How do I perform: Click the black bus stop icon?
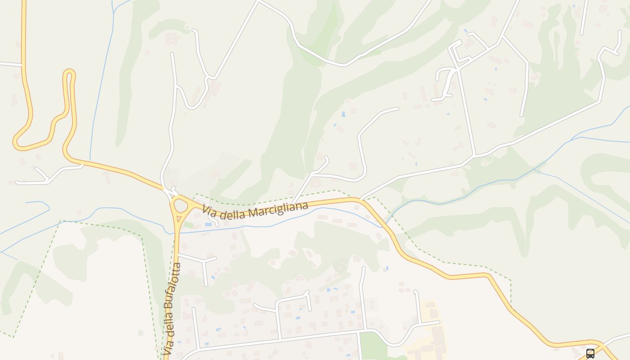[x=590, y=353]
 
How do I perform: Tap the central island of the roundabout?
[x=181, y=206]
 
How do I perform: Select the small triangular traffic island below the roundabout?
[x=179, y=220]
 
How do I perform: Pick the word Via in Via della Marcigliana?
[x=208, y=210]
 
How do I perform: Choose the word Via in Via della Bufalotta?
[x=168, y=346]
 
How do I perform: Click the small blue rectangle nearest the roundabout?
[x=208, y=224]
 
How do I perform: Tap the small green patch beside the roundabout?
[x=189, y=224]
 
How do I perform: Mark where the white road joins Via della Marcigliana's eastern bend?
[x=361, y=198]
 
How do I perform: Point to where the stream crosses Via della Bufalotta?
[x=175, y=233]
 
